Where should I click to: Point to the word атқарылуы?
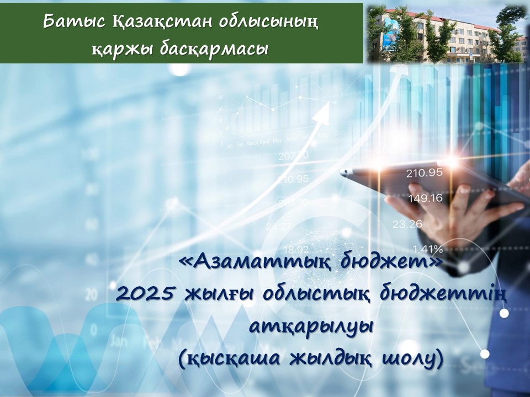[312, 326]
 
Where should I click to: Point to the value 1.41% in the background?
[424, 248]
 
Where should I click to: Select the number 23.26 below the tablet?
[407, 224]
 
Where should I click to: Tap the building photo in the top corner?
[446, 31]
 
